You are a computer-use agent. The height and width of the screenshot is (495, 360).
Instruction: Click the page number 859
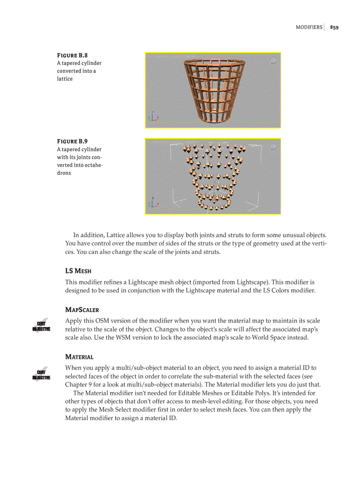334,27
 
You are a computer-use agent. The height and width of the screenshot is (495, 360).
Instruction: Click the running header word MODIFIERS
309,27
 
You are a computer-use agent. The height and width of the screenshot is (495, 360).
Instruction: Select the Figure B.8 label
72,56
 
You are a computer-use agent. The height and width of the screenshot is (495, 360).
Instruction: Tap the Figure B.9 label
72,141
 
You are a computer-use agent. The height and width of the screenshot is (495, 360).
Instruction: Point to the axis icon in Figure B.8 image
153,116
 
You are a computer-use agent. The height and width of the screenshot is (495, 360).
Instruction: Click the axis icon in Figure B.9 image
153,202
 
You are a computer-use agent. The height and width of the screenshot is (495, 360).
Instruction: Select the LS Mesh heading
78,270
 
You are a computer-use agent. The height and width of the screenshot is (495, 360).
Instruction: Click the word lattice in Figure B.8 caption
65,79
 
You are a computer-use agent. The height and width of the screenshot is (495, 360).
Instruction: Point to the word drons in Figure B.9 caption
64,173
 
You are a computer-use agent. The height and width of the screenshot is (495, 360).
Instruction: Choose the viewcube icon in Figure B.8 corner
274,61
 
